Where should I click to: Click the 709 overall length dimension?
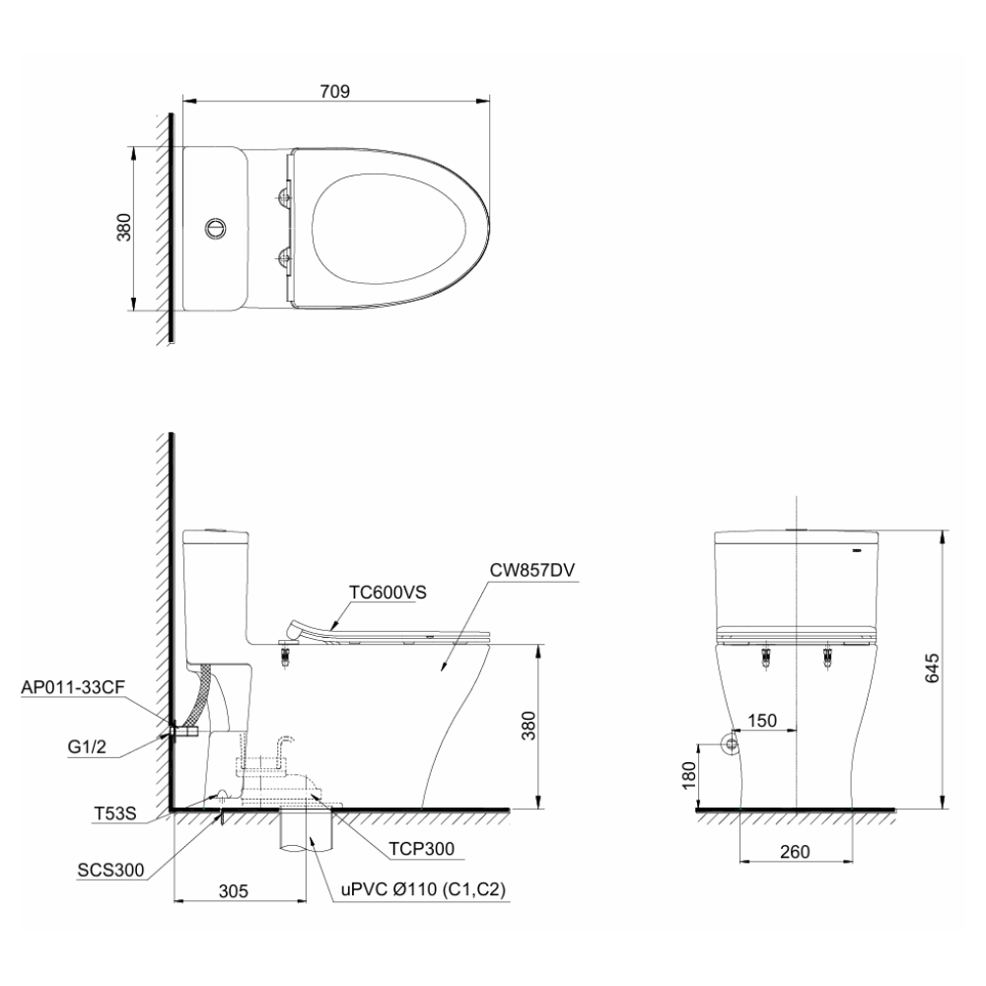335,91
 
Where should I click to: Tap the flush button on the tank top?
215,228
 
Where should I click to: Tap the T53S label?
114,814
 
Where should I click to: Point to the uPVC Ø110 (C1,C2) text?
424,889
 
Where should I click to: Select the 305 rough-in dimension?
232,889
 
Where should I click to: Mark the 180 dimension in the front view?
689,777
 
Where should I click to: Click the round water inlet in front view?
731,743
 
